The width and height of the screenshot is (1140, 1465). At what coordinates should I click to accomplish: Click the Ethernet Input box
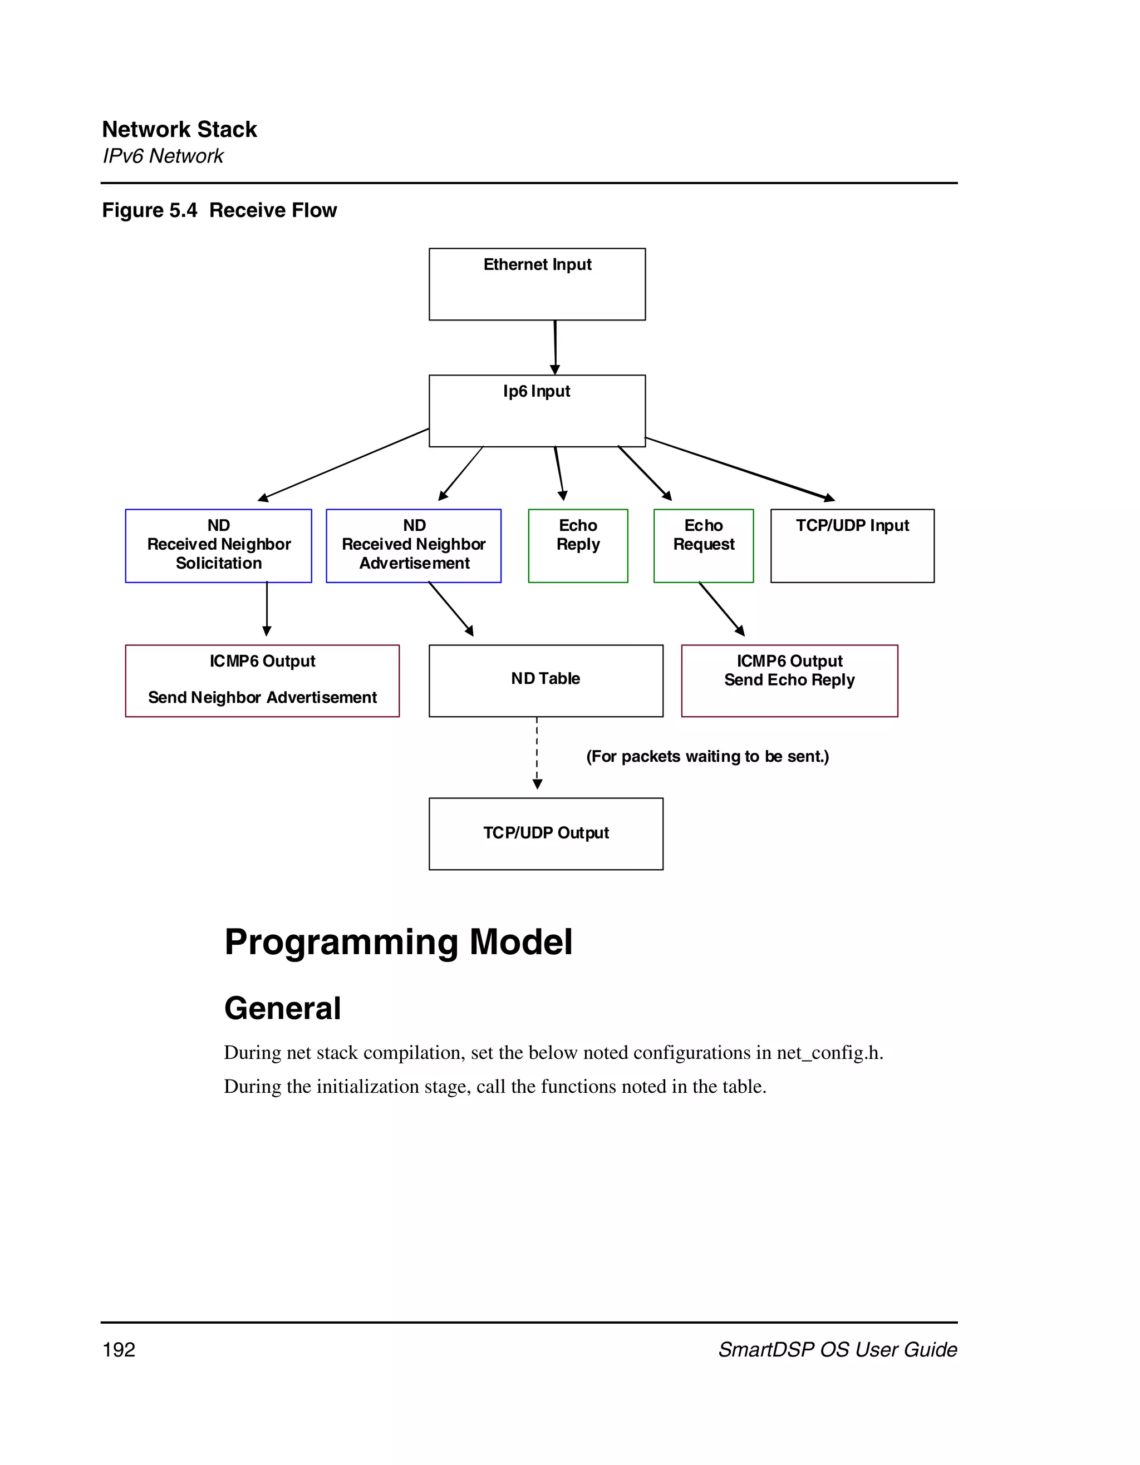tap(537, 284)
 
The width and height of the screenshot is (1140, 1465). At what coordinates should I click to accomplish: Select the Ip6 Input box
tap(537, 411)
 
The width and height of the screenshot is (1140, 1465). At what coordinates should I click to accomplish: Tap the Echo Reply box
tap(578, 545)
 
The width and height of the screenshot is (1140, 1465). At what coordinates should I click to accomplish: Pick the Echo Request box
tap(703, 545)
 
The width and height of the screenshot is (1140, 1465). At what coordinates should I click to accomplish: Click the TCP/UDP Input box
tap(852, 545)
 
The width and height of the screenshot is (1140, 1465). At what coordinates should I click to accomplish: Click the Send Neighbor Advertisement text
tap(262, 698)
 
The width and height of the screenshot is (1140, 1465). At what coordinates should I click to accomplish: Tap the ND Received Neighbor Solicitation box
tap(218, 545)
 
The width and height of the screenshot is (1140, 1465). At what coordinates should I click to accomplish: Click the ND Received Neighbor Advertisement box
tap(414, 545)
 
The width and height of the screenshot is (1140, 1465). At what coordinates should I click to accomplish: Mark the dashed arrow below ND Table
tap(537, 753)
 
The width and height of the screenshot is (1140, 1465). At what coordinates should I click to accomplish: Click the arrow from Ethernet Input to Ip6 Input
tap(555, 347)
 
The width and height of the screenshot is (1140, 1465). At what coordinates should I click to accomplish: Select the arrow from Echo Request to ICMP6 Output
tap(721, 608)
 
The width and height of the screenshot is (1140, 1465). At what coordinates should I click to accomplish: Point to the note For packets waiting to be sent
tap(707, 757)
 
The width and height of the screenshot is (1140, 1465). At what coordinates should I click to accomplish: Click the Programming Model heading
tap(398, 942)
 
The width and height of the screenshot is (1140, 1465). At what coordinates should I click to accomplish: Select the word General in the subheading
tap(282, 1008)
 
